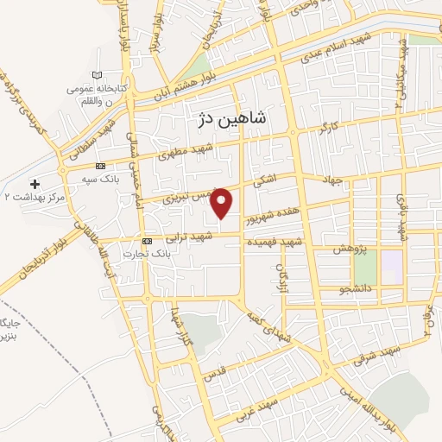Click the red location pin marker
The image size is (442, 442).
(223, 202)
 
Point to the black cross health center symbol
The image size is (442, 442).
(35, 183)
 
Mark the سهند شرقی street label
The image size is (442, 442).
(372, 357)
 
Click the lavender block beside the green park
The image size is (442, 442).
(392, 266)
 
